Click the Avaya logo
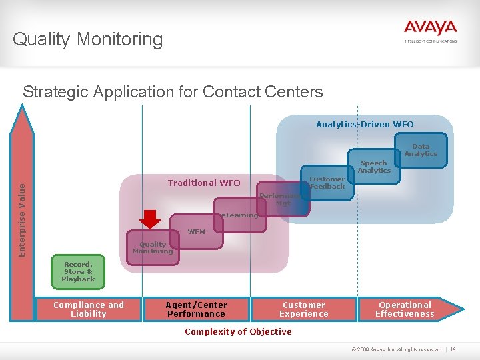coord(430,30)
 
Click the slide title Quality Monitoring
coord(87,39)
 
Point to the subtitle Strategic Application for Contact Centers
coord(173,91)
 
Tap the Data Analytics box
coord(421,150)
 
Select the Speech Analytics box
coord(374,167)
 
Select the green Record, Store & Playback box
coord(78,272)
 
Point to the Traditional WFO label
coord(204,183)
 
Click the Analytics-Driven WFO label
coord(365,124)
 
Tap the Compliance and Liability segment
coord(89,309)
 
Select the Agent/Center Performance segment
coord(196,309)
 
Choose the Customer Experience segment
coord(304,309)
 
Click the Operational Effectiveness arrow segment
coord(405,309)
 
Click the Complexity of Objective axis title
coord(238,331)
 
